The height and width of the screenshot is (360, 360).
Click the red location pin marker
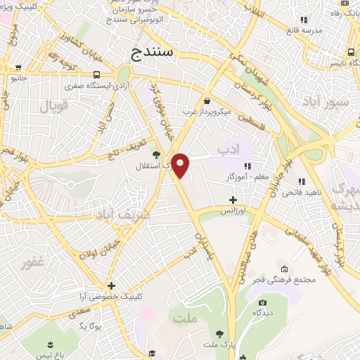181,165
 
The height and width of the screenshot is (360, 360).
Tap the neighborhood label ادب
229,149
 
